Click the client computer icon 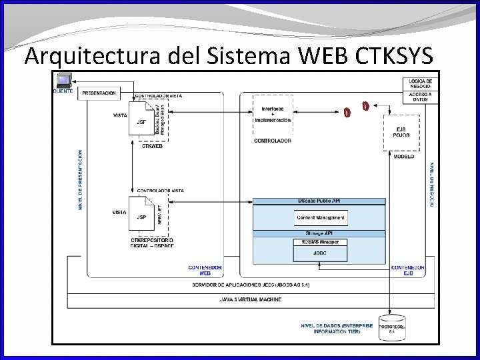click(63, 81)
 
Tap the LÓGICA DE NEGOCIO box click(420, 83)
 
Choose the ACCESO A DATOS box click(420, 97)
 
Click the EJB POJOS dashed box click(401, 132)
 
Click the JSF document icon click(141, 121)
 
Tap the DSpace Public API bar click(319, 201)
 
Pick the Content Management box click(321, 217)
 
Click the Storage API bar click(319, 233)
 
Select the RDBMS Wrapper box click(321, 242)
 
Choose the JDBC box click(321, 253)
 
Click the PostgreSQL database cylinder click(391, 326)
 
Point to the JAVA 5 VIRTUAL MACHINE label click(251, 300)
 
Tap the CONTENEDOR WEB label click(205, 270)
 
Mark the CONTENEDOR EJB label click(407, 270)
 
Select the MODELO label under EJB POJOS click(403, 157)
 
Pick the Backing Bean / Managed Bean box click(161, 120)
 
